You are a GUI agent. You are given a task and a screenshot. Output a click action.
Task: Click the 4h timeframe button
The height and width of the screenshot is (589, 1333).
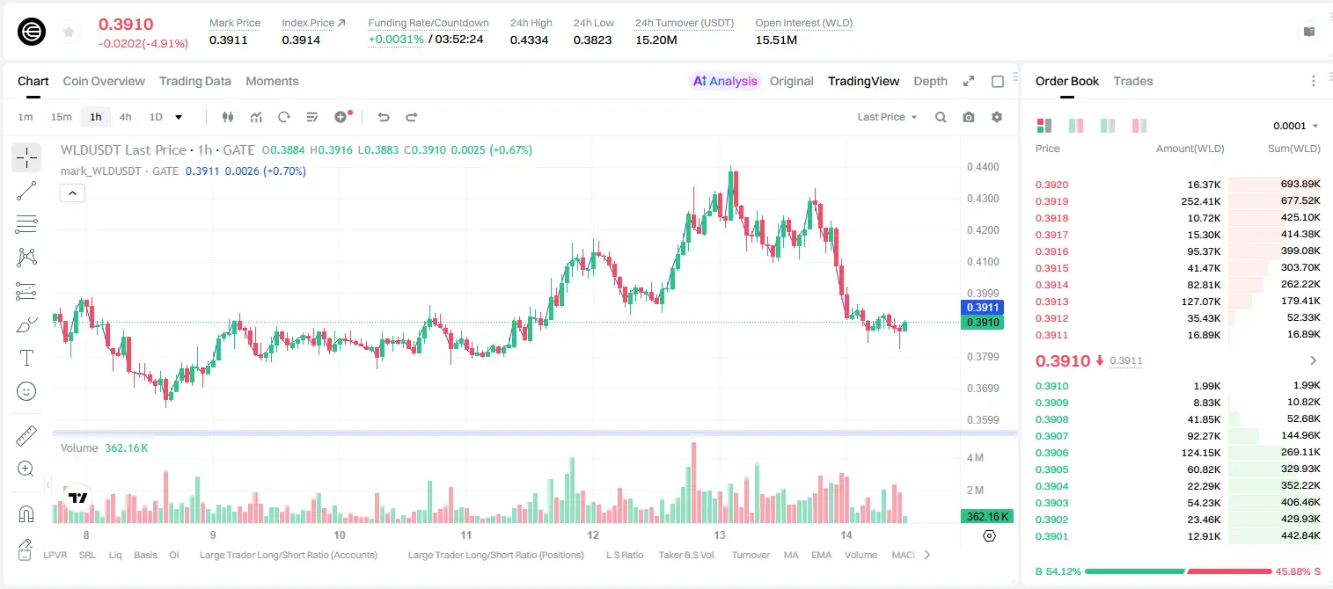[x=125, y=117]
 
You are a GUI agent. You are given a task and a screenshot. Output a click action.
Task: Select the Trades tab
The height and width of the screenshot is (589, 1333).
[x=1133, y=81]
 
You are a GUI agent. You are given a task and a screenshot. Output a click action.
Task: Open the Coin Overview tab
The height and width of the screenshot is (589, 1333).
[x=104, y=81]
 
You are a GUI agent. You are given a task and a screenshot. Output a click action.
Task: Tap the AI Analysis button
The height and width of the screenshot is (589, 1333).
[x=725, y=81]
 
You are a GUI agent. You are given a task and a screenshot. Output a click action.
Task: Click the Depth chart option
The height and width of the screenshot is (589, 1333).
[x=930, y=81]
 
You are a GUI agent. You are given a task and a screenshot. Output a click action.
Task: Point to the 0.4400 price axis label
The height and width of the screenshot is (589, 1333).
[x=983, y=167]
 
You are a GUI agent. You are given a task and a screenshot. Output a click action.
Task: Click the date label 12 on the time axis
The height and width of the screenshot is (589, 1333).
[x=593, y=534]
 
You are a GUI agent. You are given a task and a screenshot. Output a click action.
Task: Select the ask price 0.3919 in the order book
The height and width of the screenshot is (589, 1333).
[x=1051, y=201]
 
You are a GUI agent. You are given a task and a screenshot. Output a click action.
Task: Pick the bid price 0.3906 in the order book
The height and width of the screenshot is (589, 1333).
[x=1051, y=453]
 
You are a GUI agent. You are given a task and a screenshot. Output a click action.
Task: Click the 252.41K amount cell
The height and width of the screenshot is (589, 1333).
[x=1200, y=201]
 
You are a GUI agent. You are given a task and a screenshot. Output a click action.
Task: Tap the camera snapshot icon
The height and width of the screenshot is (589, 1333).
[x=969, y=117]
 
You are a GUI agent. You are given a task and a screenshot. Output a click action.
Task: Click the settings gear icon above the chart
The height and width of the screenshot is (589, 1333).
[x=997, y=117]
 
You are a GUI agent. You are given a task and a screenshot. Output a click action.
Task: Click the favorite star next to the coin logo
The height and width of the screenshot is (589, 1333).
[x=69, y=32]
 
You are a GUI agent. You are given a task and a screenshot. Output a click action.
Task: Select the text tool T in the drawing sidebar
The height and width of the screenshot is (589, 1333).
[x=26, y=358]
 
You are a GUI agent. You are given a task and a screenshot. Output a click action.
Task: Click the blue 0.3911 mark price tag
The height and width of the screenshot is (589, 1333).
[x=982, y=308]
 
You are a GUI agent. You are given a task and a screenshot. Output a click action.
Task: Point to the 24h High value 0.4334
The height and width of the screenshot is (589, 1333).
[x=529, y=40]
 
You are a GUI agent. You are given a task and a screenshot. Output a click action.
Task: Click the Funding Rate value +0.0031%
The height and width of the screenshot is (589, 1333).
[x=396, y=40]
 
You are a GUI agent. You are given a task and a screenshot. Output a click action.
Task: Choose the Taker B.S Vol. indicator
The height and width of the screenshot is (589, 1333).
[x=686, y=555]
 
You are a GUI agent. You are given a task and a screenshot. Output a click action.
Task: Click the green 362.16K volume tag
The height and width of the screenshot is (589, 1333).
[x=986, y=517]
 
